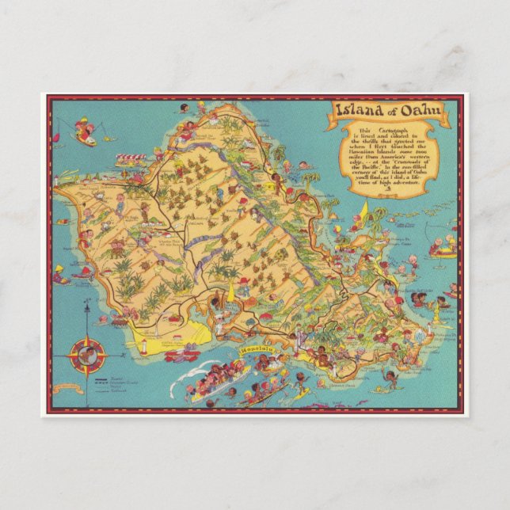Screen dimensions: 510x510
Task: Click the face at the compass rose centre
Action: (x=86, y=355)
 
